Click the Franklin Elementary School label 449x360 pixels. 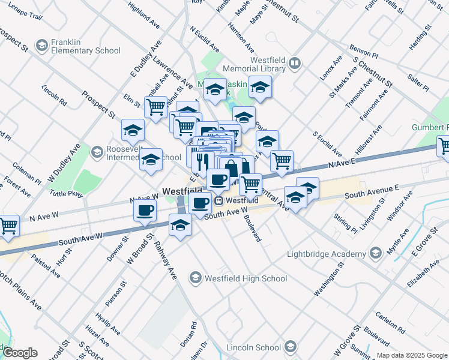point(85,46)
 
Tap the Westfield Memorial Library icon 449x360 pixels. point(295,62)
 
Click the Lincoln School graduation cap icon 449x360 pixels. point(291,347)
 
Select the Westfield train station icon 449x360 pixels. point(219,200)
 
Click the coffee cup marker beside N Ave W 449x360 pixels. point(145,211)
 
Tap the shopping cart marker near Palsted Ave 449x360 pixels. point(8,226)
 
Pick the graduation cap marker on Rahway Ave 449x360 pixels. point(179,226)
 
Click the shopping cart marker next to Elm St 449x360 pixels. point(156,107)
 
